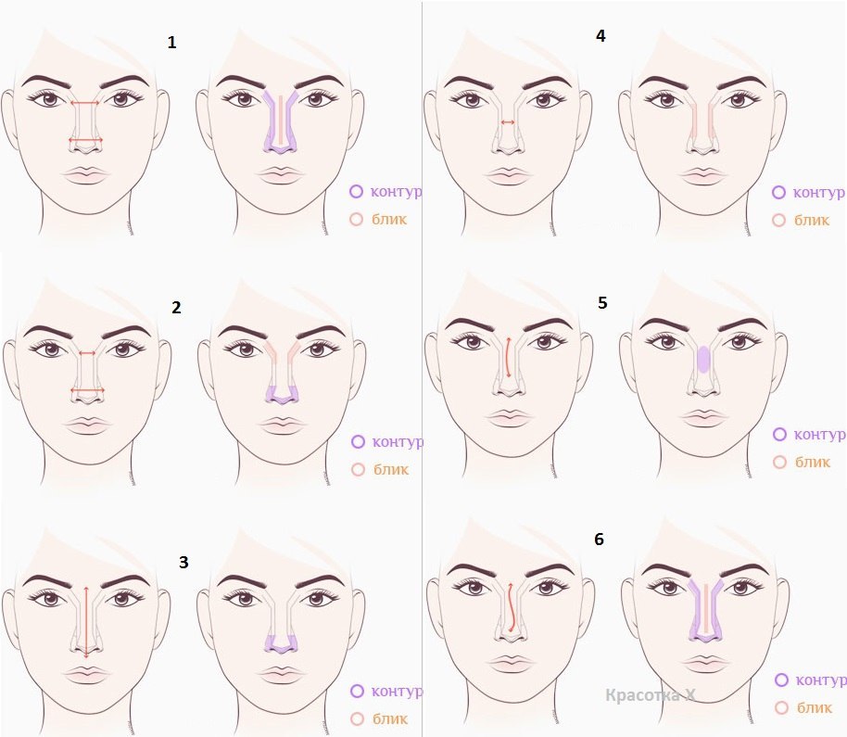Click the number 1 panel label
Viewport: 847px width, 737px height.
pyautogui.click(x=171, y=42)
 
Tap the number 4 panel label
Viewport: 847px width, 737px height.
pyautogui.click(x=600, y=35)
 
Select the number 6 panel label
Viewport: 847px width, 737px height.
pyautogui.click(x=599, y=540)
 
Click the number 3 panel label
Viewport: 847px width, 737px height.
pyautogui.click(x=183, y=563)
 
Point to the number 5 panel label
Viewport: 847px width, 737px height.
pyautogui.click(x=603, y=302)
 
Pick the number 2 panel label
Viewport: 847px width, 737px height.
pyautogui.click(x=176, y=308)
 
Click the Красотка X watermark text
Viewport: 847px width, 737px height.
pyautogui.click(x=650, y=694)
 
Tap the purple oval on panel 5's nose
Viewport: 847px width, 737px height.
pyautogui.click(x=702, y=360)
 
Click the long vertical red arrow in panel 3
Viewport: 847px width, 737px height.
pyautogui.click(x=86, y=621)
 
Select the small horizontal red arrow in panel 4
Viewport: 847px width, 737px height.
pyautogui.click(x=508, y=122)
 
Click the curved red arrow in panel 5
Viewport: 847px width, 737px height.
pyautogui.click(x=507, y=357)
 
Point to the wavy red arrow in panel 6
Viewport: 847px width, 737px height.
pyautogui.click(x=511, y=607)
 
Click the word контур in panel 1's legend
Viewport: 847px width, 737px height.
pyautogui.click(x=396, y=191)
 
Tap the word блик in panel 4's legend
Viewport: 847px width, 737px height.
pyautogui.click(x=812, y=220)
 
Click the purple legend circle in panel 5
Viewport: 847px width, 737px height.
pyautogui.click(x=779, y=434)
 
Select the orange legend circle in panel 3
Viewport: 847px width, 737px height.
pyautogui.click(x=357, y=718)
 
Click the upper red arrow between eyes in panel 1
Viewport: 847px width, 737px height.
pyautogui.click(x=85, y=103)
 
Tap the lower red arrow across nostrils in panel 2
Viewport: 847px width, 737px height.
pyautogui.click(x=87, y=390)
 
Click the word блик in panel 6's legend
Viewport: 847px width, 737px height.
pyautogui.click(x=814, y=707)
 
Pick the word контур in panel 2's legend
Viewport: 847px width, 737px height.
pyautogui.click(x=398, y=441)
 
